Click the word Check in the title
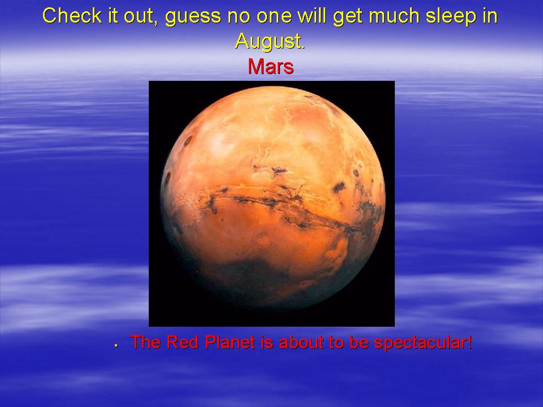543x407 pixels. tap(72, 16)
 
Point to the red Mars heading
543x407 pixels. tap(271, 66)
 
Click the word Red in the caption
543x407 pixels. tap(182, 342)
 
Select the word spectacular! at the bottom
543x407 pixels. tap(423, 343)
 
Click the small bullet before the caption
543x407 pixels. tap(117, 345)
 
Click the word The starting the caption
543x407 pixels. tap(145, 342)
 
